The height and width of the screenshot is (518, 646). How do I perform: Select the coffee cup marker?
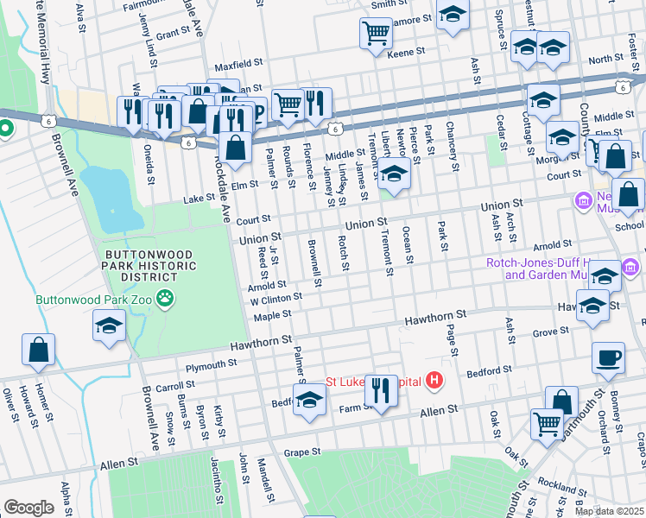pyautogui.click(x=609, y=358)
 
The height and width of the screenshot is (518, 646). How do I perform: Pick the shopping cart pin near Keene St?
pyautogui.click(x=376, y=34)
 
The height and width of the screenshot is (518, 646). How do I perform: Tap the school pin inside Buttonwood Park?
pyautogui.click(x=110, y=325)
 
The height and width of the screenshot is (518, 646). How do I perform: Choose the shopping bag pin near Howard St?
pyautogui.click(x=39, y=350)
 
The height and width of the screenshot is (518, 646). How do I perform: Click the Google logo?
pyautogui.click(x=28, y=508)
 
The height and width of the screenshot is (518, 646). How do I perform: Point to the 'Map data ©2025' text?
pyautogui.click(x=609, y=511)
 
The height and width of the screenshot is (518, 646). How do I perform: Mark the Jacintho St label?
pyautogui.click(x=213, y=487)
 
